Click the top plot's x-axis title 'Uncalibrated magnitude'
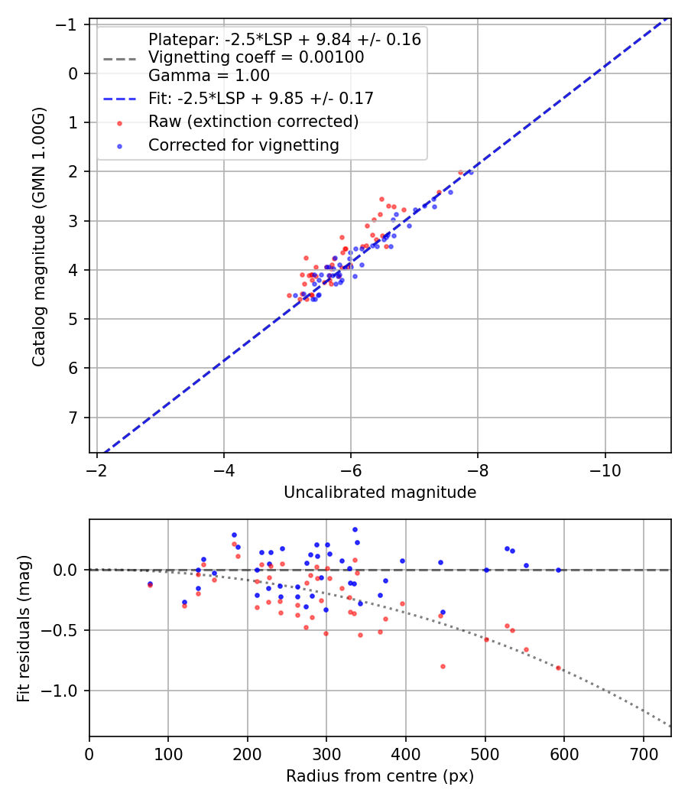(x=380, y=493)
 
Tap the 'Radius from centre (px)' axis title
(x=380, y=776)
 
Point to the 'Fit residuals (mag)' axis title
(x=24, y=628)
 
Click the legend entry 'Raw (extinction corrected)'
(x=253, y=122)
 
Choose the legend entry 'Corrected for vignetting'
(x=243, y=145)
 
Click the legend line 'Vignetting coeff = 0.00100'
(x=256, y=57)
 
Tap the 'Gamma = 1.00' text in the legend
(x=209, y=76)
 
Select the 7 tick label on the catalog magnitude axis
(x=75, y=418)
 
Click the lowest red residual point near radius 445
(x=443, y=666)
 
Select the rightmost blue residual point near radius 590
(x=558, y=570)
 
